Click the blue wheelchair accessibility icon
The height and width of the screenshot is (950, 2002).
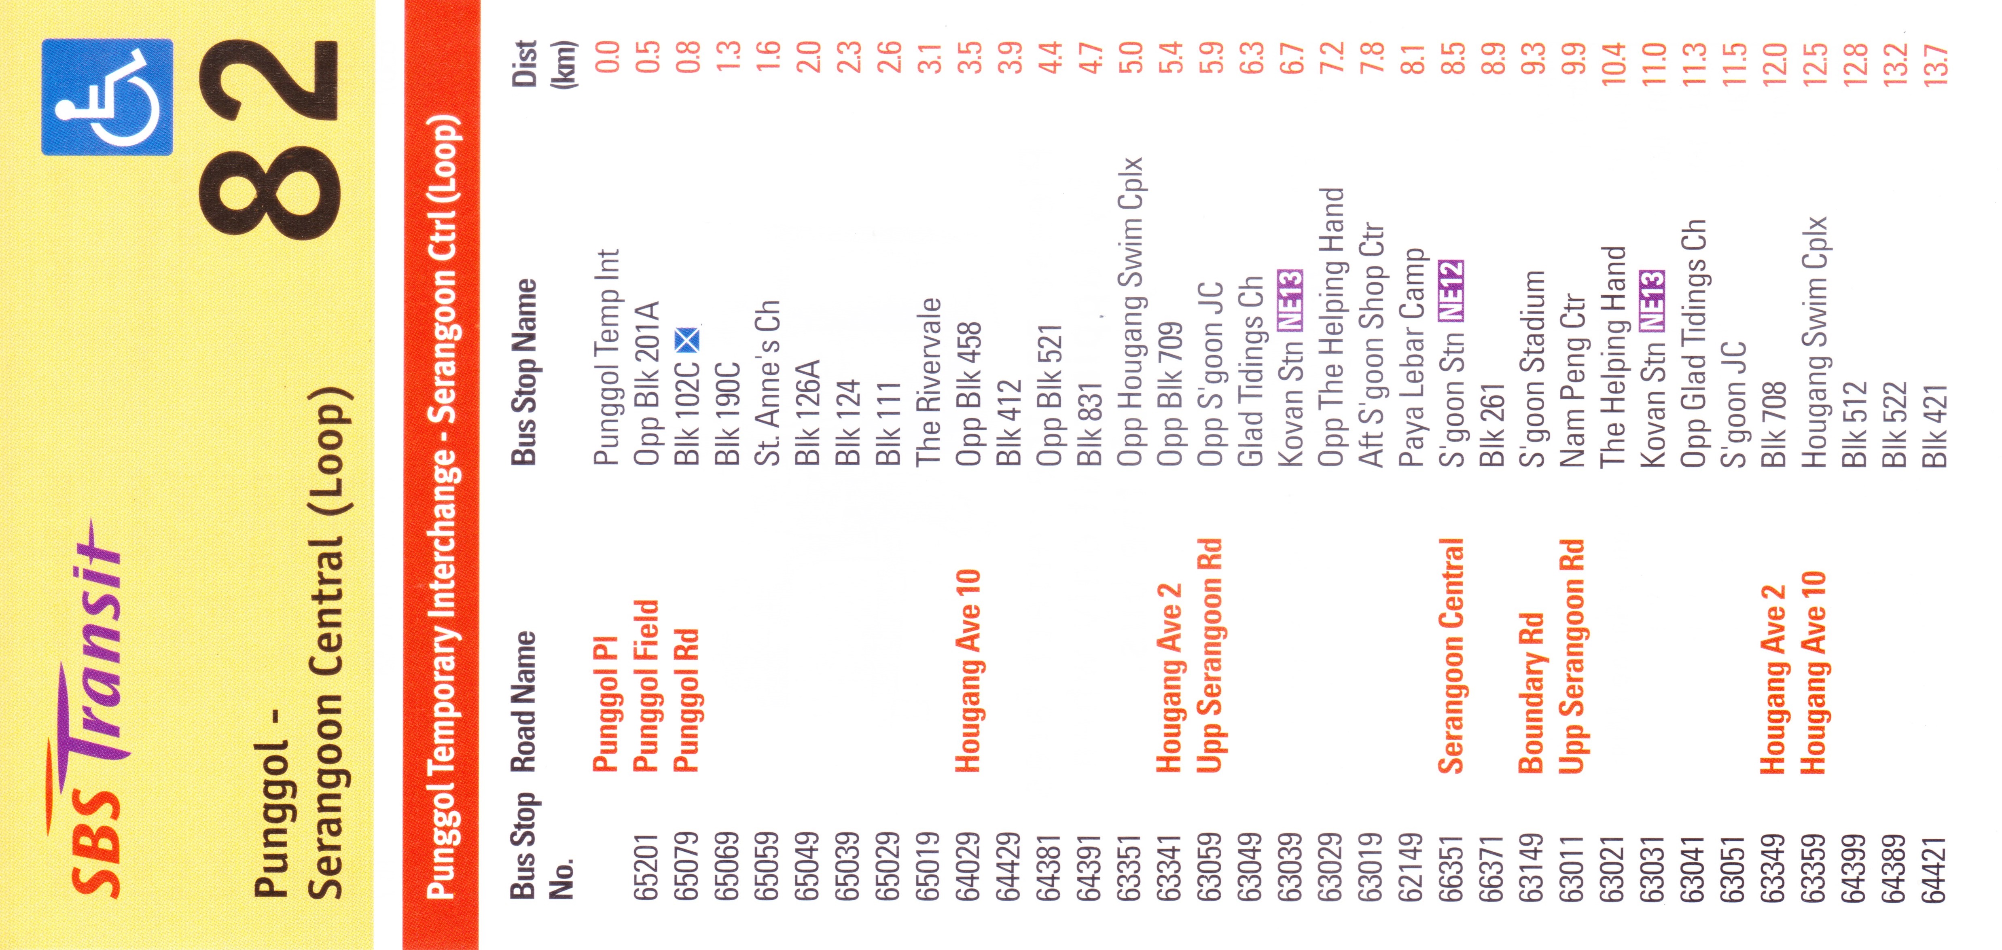coord(107,97)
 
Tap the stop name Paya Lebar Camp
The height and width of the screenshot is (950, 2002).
coord(1411,358)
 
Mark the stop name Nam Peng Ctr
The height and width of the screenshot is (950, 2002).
coord(1572,381)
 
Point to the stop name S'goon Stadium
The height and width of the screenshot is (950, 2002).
coord(1531,369)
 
